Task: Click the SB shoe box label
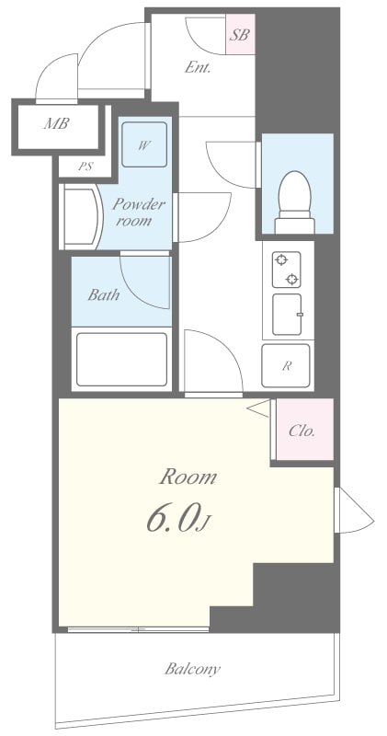(240, 37)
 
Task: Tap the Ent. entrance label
(199, 67)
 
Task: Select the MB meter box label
(56, 123)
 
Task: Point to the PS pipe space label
(86, 167)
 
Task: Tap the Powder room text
(139, 211)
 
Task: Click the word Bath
(103, 295)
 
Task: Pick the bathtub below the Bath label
(120, 359)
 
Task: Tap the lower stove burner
(291, 279)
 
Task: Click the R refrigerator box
(287, 365)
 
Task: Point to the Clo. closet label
(302, 430)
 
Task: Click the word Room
(188, 477)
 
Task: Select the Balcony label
(192, 669)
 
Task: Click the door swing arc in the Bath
(145, 281)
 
